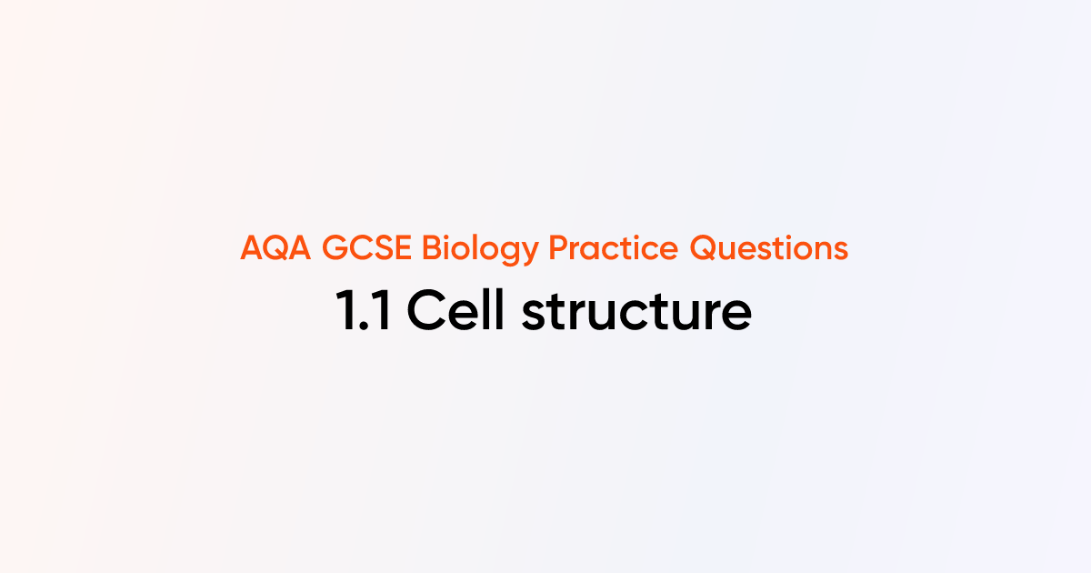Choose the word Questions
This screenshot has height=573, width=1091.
point(769,248)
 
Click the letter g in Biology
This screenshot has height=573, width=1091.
point(511,253)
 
